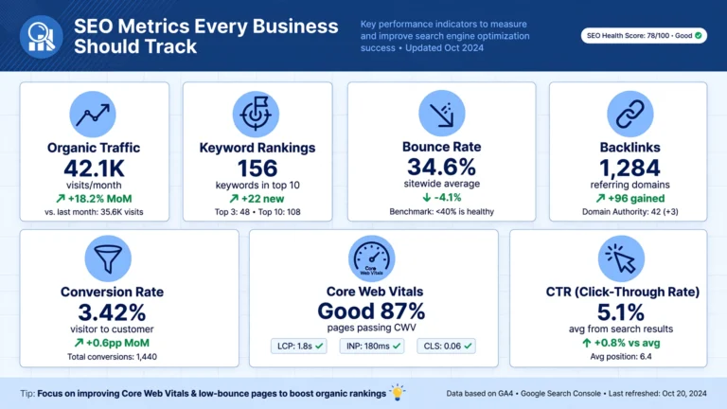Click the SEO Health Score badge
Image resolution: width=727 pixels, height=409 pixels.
644,36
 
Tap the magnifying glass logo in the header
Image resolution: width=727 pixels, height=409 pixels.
42,37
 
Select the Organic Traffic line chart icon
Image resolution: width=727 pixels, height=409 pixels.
93,114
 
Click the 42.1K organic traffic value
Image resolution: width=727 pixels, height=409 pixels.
94,169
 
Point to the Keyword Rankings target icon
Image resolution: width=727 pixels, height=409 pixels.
256,114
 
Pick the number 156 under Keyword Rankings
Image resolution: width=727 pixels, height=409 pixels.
257,169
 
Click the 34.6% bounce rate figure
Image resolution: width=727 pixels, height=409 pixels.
441,167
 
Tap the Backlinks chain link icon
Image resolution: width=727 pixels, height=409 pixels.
630,114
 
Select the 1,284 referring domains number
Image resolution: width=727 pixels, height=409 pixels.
629,168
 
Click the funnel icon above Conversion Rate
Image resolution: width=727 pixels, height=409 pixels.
108,258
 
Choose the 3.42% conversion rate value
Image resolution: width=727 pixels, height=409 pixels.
112,312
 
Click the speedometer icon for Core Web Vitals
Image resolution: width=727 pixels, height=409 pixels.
372,258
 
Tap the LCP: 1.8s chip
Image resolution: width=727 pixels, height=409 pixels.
299,346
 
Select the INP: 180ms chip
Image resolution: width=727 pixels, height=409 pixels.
372,346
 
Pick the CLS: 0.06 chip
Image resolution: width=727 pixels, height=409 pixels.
446,346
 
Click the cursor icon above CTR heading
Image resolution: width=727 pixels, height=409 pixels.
621,258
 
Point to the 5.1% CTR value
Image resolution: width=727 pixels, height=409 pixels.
620,312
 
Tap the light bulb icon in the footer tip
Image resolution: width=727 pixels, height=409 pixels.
398,392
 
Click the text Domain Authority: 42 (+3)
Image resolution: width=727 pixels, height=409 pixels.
630,212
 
